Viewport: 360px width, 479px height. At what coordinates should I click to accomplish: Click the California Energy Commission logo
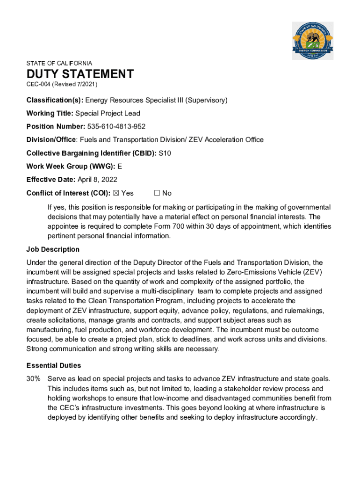pyautogui.click(x=313, y=41)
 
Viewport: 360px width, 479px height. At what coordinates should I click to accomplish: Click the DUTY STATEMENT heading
pyautogui.click(x=80, y=74)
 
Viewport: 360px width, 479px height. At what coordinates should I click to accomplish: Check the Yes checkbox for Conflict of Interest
pyautogui.click(x=116, y=193)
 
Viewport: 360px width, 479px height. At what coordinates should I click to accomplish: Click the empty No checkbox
pyautogui.click(x=157, y=193)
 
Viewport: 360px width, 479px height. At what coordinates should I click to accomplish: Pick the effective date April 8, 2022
pyautogui.click(x=97, y=180)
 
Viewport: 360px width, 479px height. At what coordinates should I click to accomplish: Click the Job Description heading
pyautogui.click(x=53, y=249)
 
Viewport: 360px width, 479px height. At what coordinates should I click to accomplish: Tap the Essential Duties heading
pyautogui.click(x=54, y=365)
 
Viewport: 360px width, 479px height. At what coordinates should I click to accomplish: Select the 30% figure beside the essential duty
pyautogui.click(x=33, y=379)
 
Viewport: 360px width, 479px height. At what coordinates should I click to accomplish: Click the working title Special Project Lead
pyautogui.click(x=108, y=113)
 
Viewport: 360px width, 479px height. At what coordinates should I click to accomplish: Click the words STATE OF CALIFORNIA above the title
pyautogui.click(x=59, y=63)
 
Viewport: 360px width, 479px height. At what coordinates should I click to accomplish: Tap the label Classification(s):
pyautogui.click(x=55, y=100)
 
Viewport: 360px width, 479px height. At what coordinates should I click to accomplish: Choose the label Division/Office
pyautogui.click(x=51, y=140)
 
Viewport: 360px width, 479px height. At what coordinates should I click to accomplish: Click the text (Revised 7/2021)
pyautogui.click(x=75, y=84)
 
